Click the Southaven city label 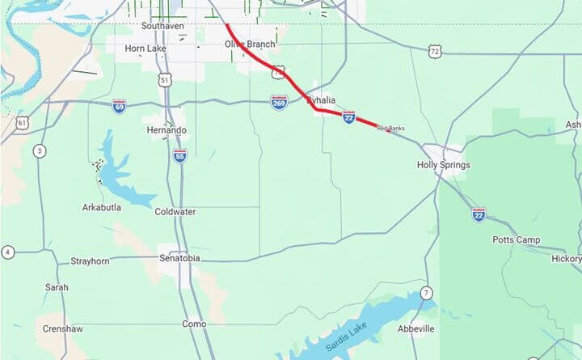pyautogui.click(x=163, y=25)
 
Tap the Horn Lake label pyautogui.click(x=145, y=49)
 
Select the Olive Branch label pyautogui.click(x=249, y=44)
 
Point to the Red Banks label pyautogui.click(x=390, y=129)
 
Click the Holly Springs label pyautogui.click(x=443, y=165)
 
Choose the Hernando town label pyautogui.click(x=167, y=130)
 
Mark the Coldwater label pyautogui.click(x=175, y=212)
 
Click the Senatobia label pyautogui.click(x=179, y=259)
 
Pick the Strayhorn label pyautogui.click(x=90, y=261)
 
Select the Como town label pyautogui.click(x=193, y=324)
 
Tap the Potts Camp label pyautogui.click(x=517, y=240)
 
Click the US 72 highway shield pyautogui.click(x=436, y=51)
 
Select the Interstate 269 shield pyautogui.click(x=279, y=102)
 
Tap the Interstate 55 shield pyautogui.click(x=179, y=155)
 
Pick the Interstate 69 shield pyautogui.click(x=119, y=106)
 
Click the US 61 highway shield pyautogui.click(x=22, y=124)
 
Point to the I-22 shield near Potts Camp pyautogui.click(x=479, y=214)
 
